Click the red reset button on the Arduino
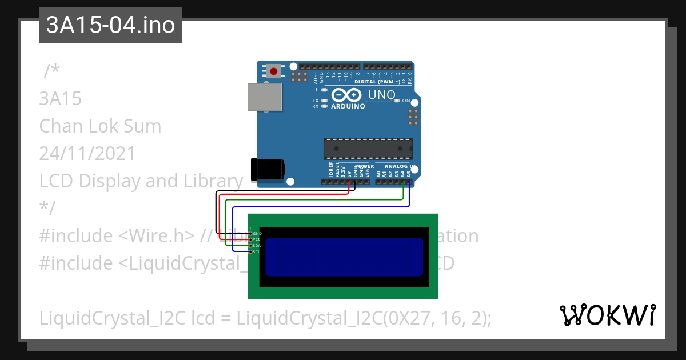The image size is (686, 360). point(274,71)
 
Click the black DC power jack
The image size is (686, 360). point(268,170)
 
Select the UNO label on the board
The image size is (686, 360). point(381,95)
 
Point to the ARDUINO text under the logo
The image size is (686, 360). point(348,106)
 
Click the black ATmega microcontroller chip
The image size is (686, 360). point(368,149)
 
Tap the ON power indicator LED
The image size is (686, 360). point(397,101)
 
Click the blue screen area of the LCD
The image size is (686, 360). point(344,257)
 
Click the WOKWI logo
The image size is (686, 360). point(607,315)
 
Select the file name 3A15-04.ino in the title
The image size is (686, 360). point(110,25)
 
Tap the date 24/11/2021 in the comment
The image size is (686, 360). point(87,153)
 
